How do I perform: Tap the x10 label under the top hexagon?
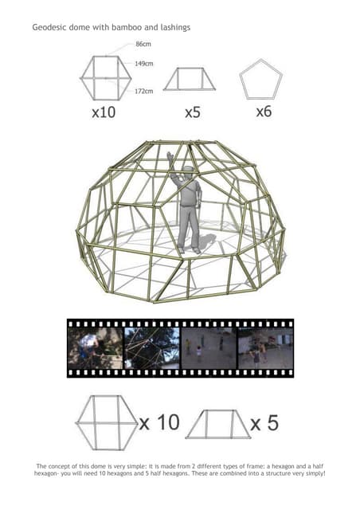point(104,112)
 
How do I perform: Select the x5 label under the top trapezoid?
point(192,112)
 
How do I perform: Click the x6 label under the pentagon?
point(264,112)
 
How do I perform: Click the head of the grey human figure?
point(186,173)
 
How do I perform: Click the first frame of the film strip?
point(95,348)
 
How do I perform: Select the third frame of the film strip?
point(208,348)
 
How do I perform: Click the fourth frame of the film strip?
point(265,348)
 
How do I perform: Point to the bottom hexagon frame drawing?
point(105,422)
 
